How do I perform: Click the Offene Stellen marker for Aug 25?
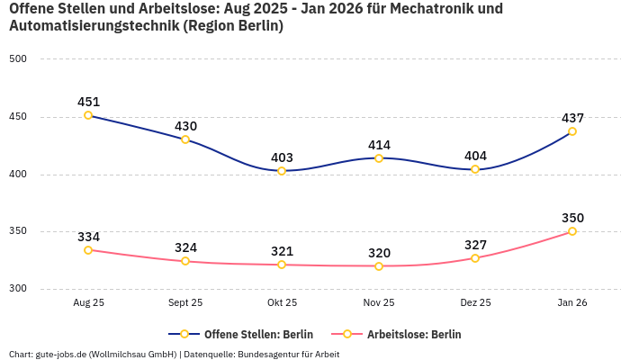88,115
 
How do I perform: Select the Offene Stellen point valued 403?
282,171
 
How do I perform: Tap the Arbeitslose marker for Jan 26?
572,231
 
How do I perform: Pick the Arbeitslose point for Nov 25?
378,266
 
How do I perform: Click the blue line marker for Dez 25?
475,169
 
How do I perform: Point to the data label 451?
88,102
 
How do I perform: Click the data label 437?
572,118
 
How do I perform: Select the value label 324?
185,247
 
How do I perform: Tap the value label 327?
475,245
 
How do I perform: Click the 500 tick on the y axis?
19,59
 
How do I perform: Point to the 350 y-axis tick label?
19,231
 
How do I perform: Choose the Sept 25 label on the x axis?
185,303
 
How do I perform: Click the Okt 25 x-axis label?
282,303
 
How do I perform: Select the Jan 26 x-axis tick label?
572,303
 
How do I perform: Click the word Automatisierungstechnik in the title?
93,26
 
